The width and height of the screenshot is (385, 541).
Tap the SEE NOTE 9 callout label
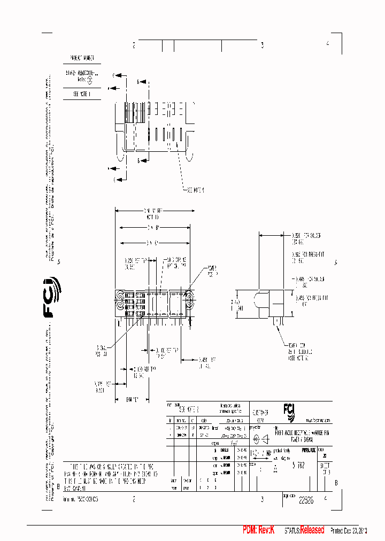tap(196, 190)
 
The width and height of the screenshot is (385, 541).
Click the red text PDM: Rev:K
tap(258, 530)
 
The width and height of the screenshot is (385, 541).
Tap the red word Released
tap(312, 530)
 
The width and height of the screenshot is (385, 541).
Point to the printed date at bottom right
tap(350, 530)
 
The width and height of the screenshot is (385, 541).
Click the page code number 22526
tap(306, 499)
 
